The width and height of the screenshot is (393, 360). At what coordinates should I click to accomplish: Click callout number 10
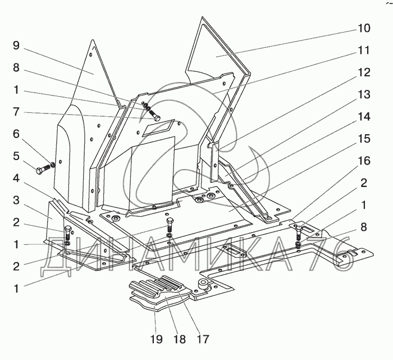click(x=364, y=28)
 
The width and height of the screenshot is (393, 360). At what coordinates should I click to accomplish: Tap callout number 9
click(x=16, y=45)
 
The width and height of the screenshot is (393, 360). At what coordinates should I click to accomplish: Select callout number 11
click(x=364, y=50)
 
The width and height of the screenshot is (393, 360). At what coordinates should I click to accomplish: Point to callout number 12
click(x=364, y=72)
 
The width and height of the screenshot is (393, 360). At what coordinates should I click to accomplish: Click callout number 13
click(x=364, y=94)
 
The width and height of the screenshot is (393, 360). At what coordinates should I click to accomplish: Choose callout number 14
click(x=364, y=117)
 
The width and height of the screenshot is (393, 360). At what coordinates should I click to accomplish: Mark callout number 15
click(x=364, y=139)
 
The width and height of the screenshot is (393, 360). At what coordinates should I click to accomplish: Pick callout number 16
click(x=364, y=161)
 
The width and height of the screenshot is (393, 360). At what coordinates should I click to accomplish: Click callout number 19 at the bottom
click(x=157, y=339)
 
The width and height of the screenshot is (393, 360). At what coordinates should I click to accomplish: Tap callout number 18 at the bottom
click(x=180, y=339)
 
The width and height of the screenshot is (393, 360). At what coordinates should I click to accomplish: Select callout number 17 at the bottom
click(x=203, y=339)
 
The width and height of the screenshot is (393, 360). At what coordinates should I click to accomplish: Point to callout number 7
click(x=16, y=112)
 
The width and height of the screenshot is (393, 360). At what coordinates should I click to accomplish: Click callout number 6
click(x=16, y=134)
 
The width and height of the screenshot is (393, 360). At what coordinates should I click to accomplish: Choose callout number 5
click(x=16, y=156)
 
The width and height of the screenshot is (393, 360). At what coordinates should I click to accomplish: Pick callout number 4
click(x=16, y=178)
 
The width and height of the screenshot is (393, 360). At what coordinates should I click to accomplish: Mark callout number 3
click(x=16, y=200)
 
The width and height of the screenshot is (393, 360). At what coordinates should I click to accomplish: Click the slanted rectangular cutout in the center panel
click(x=158, y=127)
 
